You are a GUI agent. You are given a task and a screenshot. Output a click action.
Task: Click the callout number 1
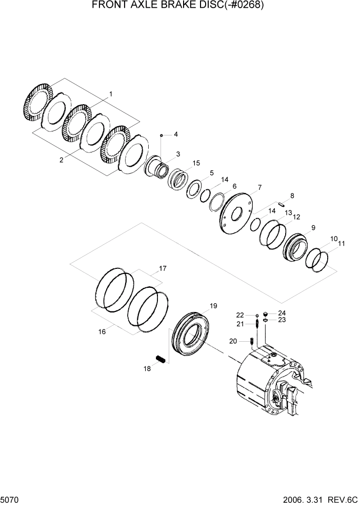click(110, 94)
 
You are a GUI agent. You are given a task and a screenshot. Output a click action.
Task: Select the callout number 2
click(61, 160)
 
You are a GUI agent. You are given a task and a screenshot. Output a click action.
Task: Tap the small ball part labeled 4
click(161, 135)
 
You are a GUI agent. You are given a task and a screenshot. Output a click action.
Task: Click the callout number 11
click(341, 244)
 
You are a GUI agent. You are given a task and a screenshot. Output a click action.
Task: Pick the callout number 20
click(233, 341)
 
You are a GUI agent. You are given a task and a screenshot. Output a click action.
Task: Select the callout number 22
click(240, 315)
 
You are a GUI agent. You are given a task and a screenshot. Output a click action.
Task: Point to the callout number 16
click(102, 332)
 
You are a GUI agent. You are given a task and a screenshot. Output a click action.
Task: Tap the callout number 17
click(163, 268)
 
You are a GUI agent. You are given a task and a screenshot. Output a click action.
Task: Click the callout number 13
click(288, 212)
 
